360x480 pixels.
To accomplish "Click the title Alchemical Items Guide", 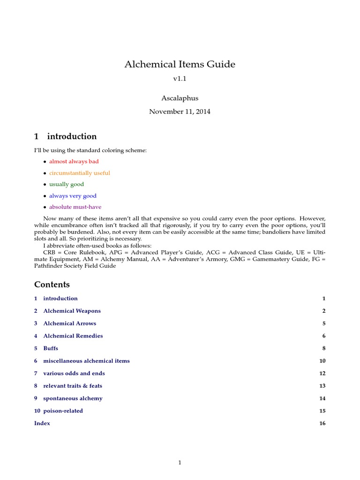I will (180, 64).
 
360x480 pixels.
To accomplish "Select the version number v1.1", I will (180, 79).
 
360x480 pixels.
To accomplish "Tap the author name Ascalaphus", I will (180, 99).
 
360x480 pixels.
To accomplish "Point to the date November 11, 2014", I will (180, 112).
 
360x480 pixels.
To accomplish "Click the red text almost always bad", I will (74, 162).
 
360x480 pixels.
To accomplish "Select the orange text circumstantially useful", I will (80, 173).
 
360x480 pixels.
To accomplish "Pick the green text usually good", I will (67, 184).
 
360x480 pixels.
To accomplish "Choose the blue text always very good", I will (73, 196).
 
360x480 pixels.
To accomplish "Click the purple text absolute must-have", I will (75, 207).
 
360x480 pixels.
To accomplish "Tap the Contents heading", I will (52, 285).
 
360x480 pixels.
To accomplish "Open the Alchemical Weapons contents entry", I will (72, 311).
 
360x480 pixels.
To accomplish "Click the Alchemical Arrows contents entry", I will (69, 323).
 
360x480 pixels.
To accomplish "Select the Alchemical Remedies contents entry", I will (73, 336).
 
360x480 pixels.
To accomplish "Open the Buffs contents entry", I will (51, 348).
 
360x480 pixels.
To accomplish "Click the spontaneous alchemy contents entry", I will (73, 398).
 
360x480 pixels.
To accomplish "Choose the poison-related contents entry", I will (63, 411).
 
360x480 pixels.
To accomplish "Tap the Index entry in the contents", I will (42, 423).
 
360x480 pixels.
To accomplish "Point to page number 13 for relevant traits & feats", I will (322, 386).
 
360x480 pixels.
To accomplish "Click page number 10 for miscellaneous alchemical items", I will (322, 361).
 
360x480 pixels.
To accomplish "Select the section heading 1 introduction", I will (66, 136).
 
